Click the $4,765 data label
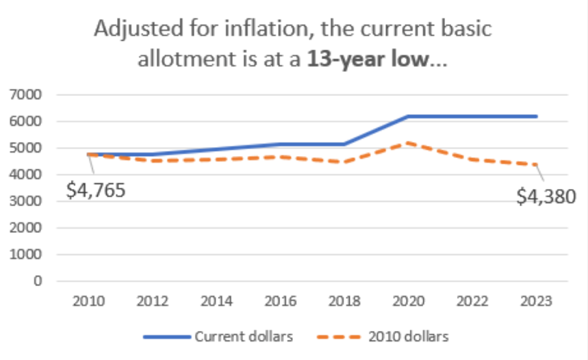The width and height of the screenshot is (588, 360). pyautogui.click(x=96, y=190)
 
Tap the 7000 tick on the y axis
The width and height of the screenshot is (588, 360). pyautogui.click(x=28, y=94)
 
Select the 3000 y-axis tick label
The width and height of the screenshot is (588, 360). pyautogui.click(x=28, y=201)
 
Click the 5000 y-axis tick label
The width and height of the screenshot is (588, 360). pyautogui.click(x=28, y=148)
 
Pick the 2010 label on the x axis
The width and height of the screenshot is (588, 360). pyautogui.click(x=88, y=301)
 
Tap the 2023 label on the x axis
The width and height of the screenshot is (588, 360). pyautogui.click(x=536, y=301)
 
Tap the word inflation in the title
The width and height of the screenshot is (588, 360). pyautogui.click(x=244, y=30)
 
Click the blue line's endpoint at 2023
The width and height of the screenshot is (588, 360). pyautogui.click(x=536, y=116)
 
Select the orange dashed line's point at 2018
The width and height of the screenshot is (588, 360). pyautogui.click(x=344, y=162)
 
